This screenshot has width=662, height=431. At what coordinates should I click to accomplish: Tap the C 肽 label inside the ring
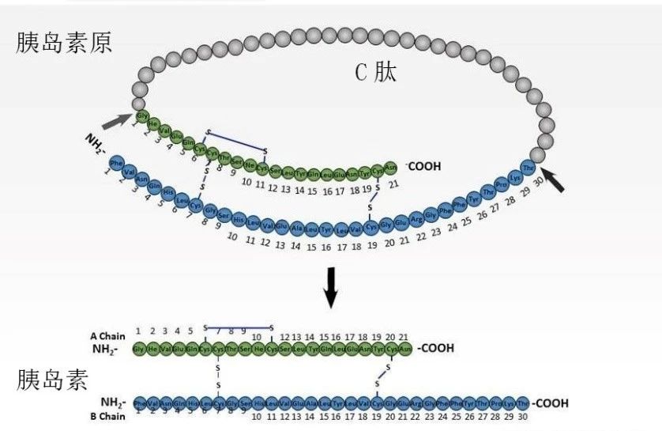pyautogui.click(x=375, y=73)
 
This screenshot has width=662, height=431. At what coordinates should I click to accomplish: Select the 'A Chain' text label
pyautogui.click(x=108, y=336)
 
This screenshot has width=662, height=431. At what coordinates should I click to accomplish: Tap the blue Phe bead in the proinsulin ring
pyautogui.click(x=117, y=164)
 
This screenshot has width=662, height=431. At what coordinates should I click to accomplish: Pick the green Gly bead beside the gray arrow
pyautogui.click(x=142, y=116)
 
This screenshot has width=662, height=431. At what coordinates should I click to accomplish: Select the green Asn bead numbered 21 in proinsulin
pyautogui.click(x=390, y=168)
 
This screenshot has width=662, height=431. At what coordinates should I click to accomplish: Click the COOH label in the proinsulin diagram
pyautogui.click(x=423, y=167)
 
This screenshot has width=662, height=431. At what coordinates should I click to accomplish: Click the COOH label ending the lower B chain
pyautogui.click(x=551, y=403)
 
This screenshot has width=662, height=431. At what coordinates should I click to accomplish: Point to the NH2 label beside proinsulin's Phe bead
pyautogui.click(x=96, y=145)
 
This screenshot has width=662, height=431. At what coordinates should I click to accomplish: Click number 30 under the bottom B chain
pyautogui.click(x=522, y=416)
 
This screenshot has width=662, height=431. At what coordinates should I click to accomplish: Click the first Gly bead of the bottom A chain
pyautogui.click(x=140, y=349)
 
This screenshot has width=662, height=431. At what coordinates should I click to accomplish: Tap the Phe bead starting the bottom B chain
pyautogui.click(x=140, y=403)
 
